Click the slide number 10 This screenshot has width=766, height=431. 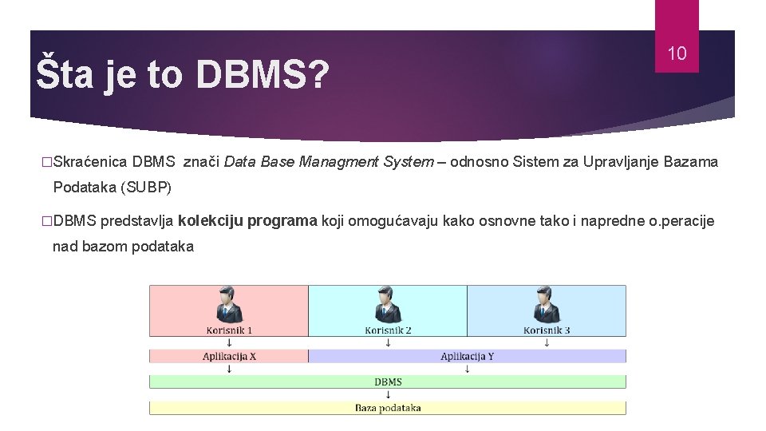click(677, 54)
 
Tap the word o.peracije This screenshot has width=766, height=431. click(681, 221)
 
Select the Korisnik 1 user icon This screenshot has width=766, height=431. click(229, 305)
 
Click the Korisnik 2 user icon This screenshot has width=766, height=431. click(388, 305)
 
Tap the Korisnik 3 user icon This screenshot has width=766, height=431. click(547, 305)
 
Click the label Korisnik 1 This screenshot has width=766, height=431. click(229, 330)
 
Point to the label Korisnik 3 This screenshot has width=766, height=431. click(547, 330)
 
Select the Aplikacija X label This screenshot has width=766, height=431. click(229, 357)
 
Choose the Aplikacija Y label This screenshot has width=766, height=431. click(467, 357)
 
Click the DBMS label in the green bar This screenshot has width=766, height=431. click(388, 382)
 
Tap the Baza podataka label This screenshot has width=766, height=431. click(388, 408)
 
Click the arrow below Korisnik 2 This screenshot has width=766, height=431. click(388, 343)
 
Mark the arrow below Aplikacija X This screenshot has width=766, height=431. click(229, 370)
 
